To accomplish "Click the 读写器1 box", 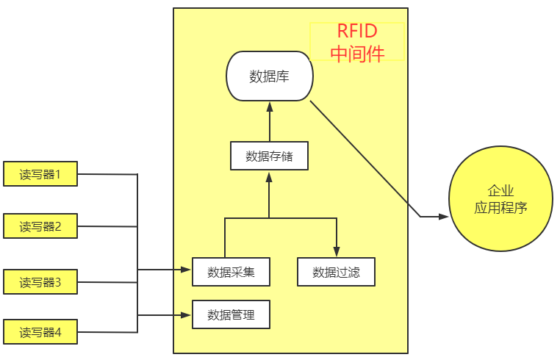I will point(40,174).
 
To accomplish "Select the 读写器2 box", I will point(40,226).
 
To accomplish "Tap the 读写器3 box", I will point(40,281).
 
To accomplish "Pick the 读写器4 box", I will point(40,333).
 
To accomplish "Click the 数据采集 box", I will point(231,272).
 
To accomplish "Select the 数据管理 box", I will point(231,315).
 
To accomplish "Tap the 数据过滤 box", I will point(336,272).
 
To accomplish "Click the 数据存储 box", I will point(269,156).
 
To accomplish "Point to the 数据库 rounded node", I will point(269,76).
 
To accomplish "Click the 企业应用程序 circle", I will point(500,198).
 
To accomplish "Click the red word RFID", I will point(357,32).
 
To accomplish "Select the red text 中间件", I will point(357,53).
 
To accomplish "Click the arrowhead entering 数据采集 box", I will point(187,270).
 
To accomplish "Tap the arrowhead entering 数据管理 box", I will point(187,315).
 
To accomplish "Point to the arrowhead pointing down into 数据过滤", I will point(337,252).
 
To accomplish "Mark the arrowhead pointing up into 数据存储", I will point(269,176).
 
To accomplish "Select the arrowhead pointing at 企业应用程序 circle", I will point(443,217).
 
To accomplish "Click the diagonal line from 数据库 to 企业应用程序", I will point(365,158).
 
